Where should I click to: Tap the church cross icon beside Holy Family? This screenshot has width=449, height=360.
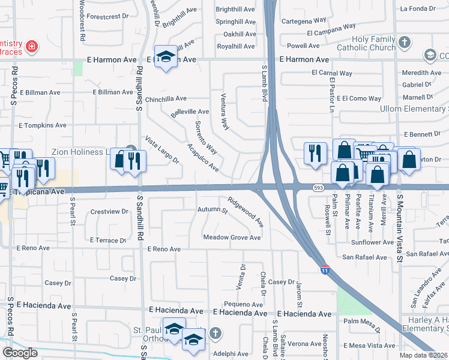point(405,42)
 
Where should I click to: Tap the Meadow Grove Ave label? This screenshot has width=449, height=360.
point(232,238)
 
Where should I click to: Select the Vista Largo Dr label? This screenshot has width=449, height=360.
point(162,150)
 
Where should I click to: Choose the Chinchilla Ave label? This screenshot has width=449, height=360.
point(166,99)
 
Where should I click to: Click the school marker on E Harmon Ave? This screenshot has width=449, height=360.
point(166,56)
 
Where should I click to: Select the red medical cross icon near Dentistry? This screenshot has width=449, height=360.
point(32,46)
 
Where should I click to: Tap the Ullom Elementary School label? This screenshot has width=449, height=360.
point(418,109)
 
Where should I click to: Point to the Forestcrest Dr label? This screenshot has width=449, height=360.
point(108,17)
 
